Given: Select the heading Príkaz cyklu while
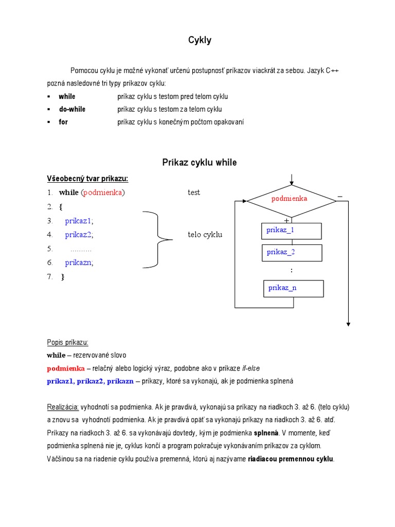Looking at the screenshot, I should pos(200,163).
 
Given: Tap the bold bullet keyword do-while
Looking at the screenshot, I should pos(72,109).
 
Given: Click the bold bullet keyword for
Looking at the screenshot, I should pos(63,122).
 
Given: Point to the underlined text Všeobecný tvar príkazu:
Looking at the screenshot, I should pos(87,179).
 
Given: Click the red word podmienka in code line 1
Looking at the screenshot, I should pos(103,192).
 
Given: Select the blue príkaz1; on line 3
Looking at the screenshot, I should pos(79,221).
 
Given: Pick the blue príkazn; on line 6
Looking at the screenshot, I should pos(79,262).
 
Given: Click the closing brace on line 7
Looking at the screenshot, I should pos(63,276).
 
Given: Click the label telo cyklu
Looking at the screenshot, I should pos(205,235).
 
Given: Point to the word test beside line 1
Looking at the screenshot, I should pos(194,192).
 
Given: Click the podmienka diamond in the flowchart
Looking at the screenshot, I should pos(291,199).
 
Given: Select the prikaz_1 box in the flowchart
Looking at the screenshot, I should pos(292,231).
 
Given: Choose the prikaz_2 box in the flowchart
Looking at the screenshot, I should pos(292,252).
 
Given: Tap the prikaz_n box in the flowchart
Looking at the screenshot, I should pos(293,288).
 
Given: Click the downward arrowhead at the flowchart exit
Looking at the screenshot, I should pos(348,324).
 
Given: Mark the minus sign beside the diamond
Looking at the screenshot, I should pos(339,197).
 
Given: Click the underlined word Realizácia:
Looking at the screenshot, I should pos(63,407).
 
